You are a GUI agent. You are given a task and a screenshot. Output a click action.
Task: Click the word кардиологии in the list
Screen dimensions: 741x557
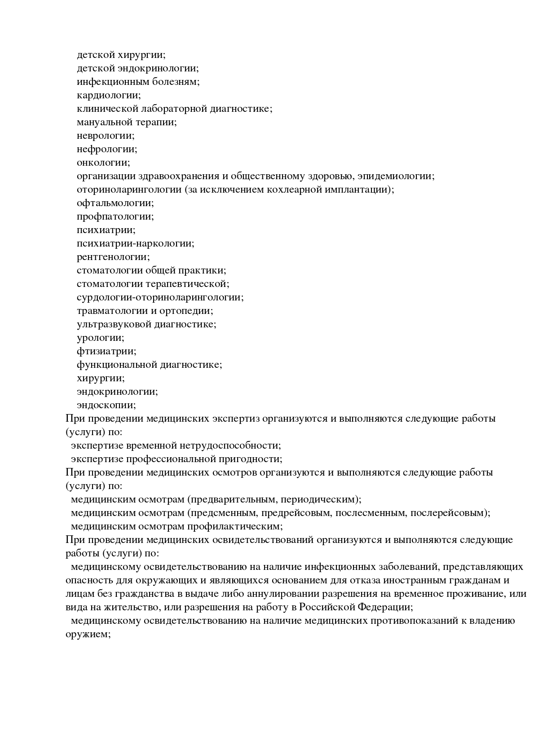pos(108,95)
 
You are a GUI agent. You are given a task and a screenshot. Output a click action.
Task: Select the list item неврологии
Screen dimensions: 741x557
pos(105,136)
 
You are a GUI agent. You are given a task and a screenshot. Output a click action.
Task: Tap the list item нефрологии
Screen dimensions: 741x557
pos(106,149)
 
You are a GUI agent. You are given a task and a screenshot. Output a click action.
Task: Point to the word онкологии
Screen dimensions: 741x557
pos(103,163)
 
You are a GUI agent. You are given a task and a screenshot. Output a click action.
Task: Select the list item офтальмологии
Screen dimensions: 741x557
pos(115,203)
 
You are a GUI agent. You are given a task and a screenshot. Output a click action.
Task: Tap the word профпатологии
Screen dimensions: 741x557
pos(115,216)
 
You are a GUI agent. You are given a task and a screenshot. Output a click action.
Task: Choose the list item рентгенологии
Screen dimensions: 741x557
pos(113,257)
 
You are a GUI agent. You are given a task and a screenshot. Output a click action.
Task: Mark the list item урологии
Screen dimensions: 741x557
pos(100,338)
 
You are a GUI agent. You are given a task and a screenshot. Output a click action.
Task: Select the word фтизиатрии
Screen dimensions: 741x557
pos(106,351)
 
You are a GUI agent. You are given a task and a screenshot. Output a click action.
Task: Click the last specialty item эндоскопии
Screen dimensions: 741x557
pos(106,405)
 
